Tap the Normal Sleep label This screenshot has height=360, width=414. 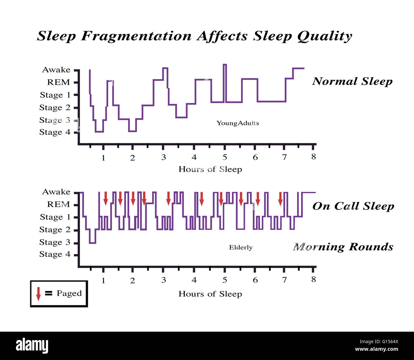(352, 81)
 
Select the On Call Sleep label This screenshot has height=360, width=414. (353, 206)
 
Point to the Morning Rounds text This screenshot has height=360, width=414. (343, 247)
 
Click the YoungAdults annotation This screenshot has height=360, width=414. (238, 123)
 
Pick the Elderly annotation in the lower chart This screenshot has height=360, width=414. (241, 247)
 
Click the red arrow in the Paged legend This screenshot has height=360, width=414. (39, 293)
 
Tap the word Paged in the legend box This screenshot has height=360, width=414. (69, 293)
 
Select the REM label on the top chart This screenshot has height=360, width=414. (59, 82)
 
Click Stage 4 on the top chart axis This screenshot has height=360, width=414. (55, 132)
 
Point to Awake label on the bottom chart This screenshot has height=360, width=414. (56, 192)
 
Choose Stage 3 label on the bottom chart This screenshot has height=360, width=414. (55, 242)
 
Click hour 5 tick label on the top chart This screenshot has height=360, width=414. (225, 157)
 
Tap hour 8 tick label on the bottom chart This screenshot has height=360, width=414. (314, 279)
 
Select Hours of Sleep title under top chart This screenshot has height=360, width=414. (210, 169)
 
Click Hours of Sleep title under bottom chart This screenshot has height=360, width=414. (210, 294)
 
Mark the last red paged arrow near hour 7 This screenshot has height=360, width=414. (280, 199)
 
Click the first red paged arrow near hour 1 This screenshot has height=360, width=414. (106, 199)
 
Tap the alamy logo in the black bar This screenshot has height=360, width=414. (32, 346)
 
